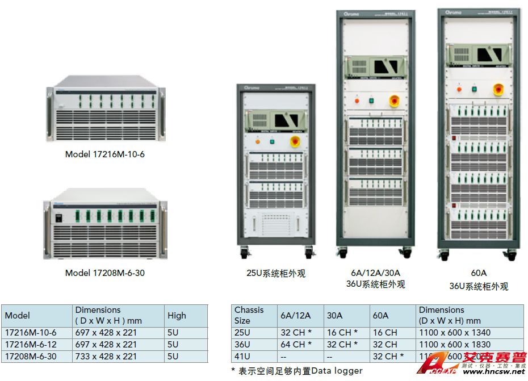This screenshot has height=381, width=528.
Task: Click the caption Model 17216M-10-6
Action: point(105,154)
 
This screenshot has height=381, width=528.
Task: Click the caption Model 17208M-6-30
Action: point(105,273)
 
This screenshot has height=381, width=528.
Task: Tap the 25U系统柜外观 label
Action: point(276,273)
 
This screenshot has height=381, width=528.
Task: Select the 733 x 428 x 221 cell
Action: point(106,356)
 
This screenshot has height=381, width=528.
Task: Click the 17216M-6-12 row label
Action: point(31,344)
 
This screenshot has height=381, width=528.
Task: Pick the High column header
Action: point(177,316)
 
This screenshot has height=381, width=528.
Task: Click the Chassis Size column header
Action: point(249,315)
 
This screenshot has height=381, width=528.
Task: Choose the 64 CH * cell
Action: point(296,344)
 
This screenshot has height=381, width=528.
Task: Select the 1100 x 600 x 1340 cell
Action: point(454,333)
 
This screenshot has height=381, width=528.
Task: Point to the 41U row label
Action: point(242,356)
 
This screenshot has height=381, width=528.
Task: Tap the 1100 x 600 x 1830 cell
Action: point(454,344)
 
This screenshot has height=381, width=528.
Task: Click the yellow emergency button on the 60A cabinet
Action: point(499,89)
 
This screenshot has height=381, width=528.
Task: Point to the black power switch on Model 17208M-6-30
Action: point(58,216)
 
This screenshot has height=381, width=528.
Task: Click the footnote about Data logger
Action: point(297,370)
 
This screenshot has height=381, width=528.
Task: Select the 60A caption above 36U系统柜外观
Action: point(479,273)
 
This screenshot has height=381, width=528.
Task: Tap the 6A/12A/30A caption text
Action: point(375,273)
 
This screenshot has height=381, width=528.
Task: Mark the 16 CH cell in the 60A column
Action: point(385,333)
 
